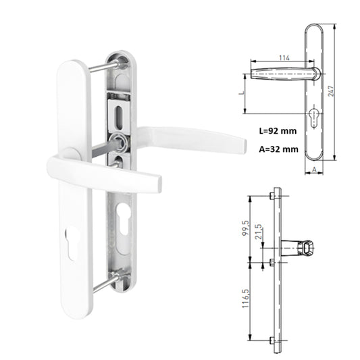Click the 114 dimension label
(x=284, y=57)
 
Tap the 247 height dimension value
(x=331, y=91)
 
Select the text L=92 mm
(x=278, y=131)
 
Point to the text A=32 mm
(x=278, y=149)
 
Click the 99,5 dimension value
(x=245, y=228)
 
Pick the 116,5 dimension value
(x=245, y=299)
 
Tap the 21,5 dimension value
(x=258, y=232)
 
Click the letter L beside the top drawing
(x=241, y=93)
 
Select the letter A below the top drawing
(x=314, y=170)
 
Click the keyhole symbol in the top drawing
(x=313, y=117)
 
